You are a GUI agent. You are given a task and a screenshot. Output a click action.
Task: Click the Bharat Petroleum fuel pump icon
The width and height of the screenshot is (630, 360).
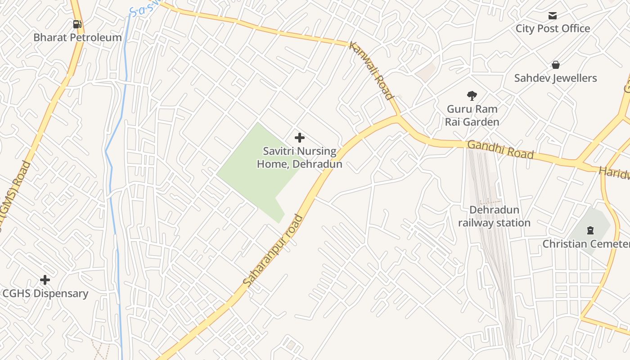77,24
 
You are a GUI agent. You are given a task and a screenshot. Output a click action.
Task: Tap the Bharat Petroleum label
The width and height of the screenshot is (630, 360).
77,37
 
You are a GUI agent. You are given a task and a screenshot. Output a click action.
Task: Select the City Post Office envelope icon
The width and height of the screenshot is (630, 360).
553,16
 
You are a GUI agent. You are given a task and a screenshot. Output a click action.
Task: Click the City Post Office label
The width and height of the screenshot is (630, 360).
553,29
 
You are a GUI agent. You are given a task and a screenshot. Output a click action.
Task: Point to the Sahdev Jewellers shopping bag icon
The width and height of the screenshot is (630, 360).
556,65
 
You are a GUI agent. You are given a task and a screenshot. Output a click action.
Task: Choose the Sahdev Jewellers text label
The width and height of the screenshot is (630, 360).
555,78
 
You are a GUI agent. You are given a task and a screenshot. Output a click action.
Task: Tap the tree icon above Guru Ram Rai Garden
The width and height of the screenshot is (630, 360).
472,95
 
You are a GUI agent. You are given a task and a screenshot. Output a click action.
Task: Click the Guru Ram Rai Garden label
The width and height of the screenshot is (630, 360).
472,116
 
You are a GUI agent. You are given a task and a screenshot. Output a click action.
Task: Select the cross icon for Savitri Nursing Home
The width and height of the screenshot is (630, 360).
299,138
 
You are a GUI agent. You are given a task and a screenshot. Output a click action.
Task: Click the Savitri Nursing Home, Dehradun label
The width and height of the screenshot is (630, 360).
299,157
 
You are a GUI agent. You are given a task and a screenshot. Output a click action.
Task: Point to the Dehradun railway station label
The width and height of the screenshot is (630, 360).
494,216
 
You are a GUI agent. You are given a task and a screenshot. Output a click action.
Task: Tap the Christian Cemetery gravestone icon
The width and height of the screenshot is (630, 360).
589,231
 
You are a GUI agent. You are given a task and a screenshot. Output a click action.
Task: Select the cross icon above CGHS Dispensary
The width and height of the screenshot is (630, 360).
45,280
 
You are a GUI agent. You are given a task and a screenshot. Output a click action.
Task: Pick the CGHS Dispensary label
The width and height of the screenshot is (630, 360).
45,294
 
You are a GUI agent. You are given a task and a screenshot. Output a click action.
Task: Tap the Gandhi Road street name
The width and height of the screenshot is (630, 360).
500,150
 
